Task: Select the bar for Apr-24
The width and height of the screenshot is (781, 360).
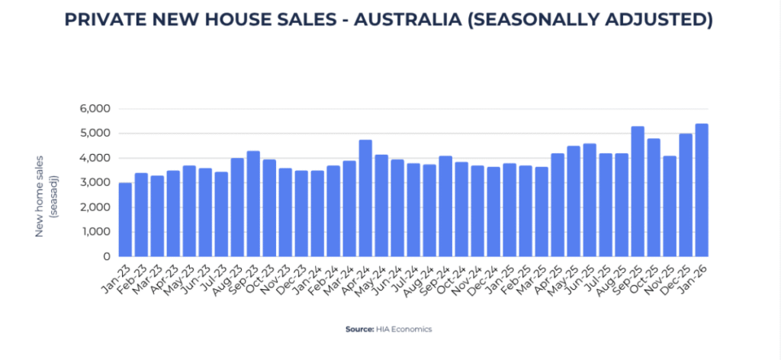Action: coord(365,198)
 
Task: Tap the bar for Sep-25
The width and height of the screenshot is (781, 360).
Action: coord(638,191)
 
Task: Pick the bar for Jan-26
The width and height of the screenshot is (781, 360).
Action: coord(702,190)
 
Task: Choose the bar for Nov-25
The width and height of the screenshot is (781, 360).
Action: coord(670,206)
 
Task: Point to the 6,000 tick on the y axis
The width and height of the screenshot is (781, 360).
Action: coord(95,109)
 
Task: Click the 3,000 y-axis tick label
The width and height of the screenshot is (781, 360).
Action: coord(95,183)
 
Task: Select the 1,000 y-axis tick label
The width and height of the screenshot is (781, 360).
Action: coord(95,232)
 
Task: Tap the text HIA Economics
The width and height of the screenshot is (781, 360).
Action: coord(404,329)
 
